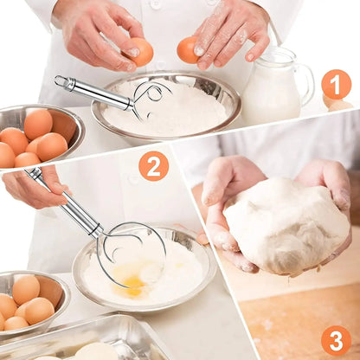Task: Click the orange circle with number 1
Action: point(336,84)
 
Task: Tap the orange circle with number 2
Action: point(153,164)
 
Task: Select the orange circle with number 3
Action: point(336,339)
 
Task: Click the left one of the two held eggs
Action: point(140,52)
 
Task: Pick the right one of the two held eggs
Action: point(190,50)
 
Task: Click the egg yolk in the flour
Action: point(132,282)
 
